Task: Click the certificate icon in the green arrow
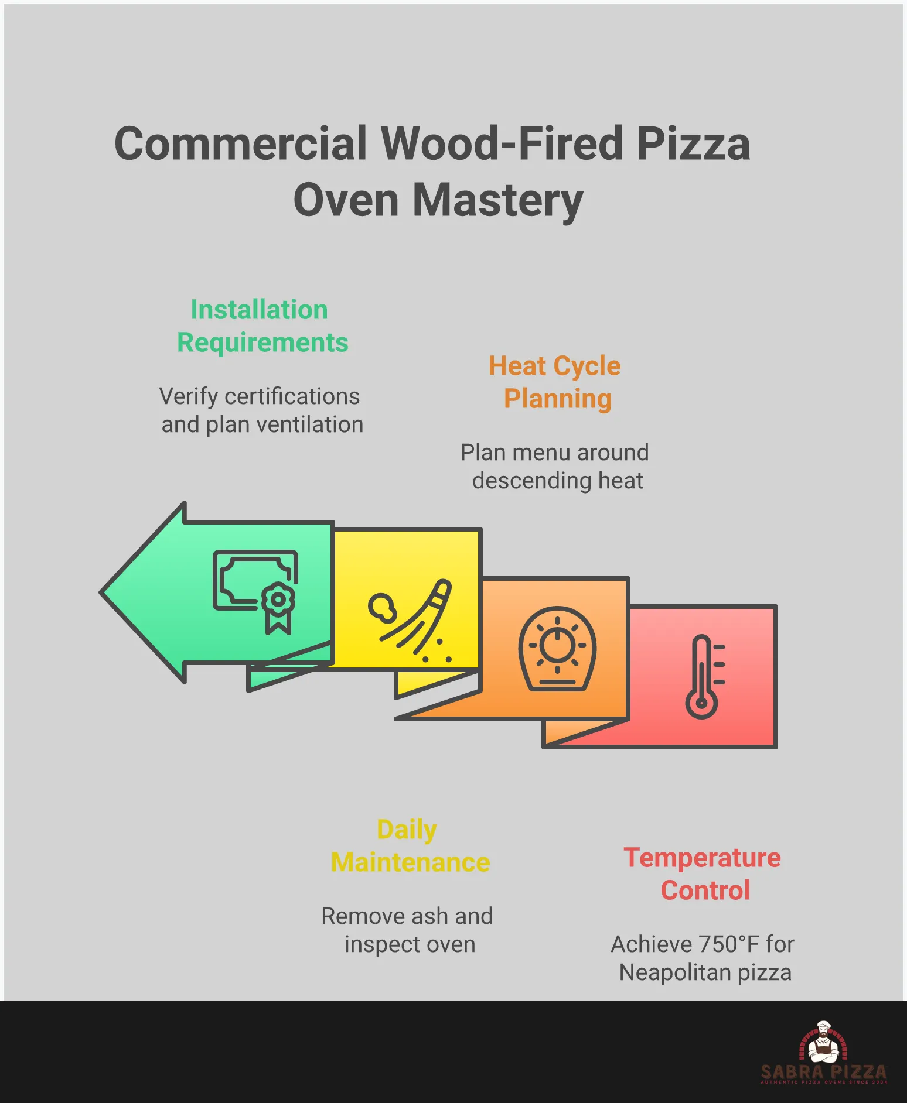(255, 590)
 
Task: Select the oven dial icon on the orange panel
(557, 648)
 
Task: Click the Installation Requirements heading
(261, 326)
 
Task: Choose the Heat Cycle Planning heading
(555, 382)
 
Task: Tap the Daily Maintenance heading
(410, 846)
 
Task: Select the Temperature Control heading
(703, 874)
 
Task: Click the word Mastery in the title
(498, 200)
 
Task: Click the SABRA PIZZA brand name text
(823, 1072)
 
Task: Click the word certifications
(292, 396)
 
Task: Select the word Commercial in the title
(240, 144)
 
